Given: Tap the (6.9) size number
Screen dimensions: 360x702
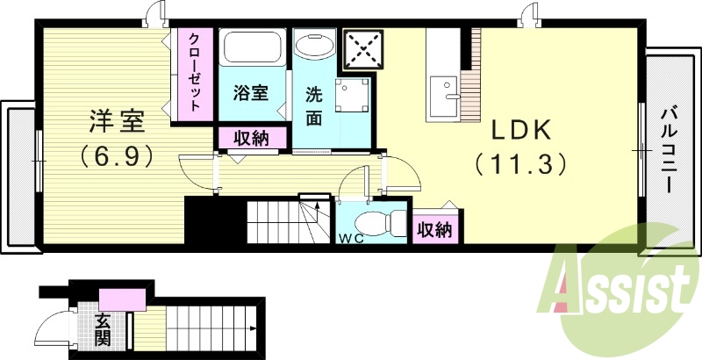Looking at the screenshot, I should pos(117,157).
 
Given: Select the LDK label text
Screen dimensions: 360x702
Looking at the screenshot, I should pos(519,131).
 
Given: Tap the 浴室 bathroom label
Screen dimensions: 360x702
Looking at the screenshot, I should pos(250,91).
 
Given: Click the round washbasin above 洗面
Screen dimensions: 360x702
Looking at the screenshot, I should pos(313,44).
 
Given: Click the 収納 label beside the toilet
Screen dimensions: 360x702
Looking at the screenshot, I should pos(434,229).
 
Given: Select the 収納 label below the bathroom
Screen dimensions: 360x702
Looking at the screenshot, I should pos(251,138).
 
